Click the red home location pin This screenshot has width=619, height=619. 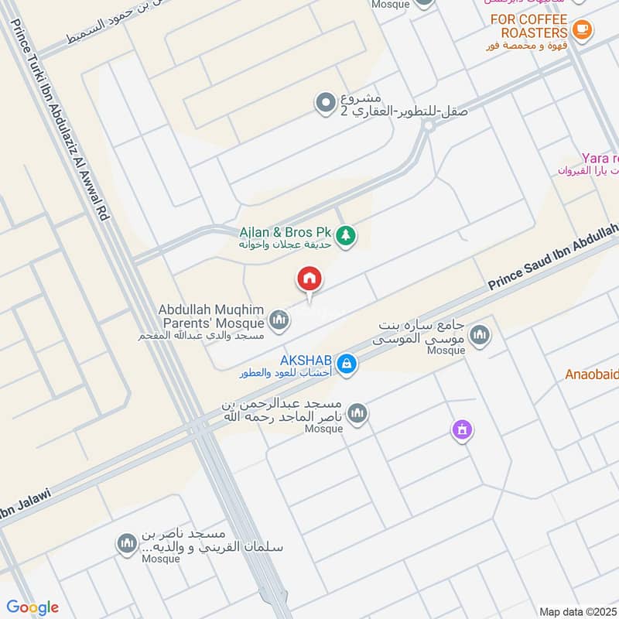[309, 279]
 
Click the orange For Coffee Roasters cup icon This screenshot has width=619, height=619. [582, 31]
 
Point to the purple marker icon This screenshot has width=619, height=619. [462, 429]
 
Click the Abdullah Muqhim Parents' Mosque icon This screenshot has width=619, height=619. [279, 319]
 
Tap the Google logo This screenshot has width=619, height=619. [33, 607]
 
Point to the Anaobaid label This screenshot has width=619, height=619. [591, 374]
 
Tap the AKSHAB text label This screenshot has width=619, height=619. [306, 360]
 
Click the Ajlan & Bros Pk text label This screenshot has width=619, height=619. [286, 231]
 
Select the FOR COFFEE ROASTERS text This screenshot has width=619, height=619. [534, 26]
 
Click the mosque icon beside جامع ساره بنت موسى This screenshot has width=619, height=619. [480, 335]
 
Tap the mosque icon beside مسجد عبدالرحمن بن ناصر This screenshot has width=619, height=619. [357, 414]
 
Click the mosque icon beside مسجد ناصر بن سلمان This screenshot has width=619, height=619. [126, 545]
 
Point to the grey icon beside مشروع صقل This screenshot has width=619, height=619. [323, 102]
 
